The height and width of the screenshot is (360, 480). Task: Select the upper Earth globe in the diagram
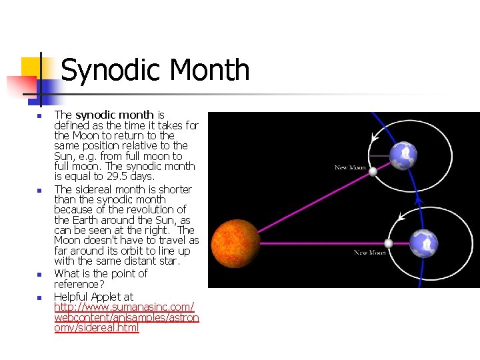point(403,156)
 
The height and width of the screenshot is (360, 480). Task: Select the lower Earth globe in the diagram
point(424,243)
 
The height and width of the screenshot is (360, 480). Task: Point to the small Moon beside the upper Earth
point(373,171)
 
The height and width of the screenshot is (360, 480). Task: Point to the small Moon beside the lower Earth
point(388,243)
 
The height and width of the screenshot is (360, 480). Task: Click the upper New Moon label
point(351,167)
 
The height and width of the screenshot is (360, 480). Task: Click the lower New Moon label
point(370,253)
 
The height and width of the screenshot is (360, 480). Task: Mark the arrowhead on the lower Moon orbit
point(400,217)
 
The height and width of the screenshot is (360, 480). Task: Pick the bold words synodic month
point(114,115)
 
